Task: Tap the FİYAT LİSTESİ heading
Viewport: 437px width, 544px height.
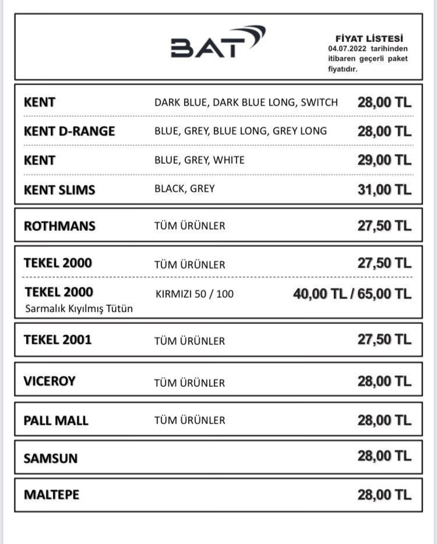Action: click(x=369, y=38)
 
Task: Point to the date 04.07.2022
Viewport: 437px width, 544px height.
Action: click(x=347, y=48)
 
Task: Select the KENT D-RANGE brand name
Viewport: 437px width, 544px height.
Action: click(x=69, y=131)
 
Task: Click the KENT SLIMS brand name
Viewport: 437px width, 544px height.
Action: click(x=59, y=190)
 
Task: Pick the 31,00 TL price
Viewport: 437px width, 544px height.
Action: click(x=384, y=189)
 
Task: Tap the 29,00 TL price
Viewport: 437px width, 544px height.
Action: click(x=384, y=160)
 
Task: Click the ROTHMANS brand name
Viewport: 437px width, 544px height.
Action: click(x=59, y=226)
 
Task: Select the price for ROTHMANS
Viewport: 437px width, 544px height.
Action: click(x=384, y=226)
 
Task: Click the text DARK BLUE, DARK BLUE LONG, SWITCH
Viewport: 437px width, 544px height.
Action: click(x=246, y=102)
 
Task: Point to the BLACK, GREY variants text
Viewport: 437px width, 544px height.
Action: click(x=184, y=189)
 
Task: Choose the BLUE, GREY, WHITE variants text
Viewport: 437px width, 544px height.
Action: click(x=199, y=160)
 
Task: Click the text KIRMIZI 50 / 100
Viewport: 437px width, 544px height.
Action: click(x=194, y=294)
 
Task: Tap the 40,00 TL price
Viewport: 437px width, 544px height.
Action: click(x=320, y=294)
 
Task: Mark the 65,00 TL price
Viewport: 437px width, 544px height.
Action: click(x=384, y=294)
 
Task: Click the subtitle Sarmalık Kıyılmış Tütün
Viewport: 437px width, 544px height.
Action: click(x=79, y=309)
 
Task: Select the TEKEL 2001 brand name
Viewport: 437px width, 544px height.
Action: click(x=58, y=340)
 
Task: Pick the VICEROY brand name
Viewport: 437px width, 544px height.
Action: click(x=50, y=381)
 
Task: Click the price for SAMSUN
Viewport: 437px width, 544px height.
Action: click(x=384, y=456)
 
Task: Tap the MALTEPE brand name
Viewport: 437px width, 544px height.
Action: click(x=51, y=495)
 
